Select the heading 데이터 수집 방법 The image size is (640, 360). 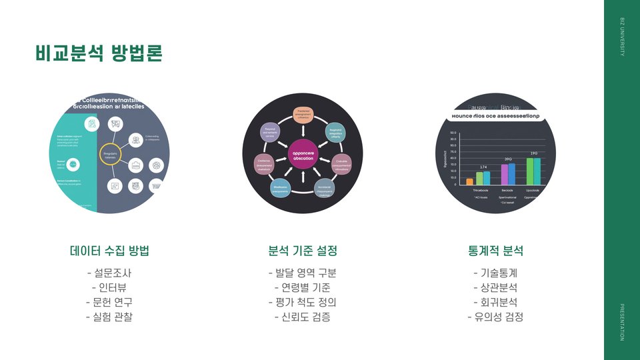pos(109,251)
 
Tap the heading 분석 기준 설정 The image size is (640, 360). pos(303,251)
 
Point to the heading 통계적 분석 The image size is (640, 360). pos(495,251)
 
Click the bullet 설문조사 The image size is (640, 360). pos(109,273)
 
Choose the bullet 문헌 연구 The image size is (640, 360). pos(109,302)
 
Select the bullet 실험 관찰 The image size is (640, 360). pos(109,317)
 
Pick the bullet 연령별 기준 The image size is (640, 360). pos(303,287)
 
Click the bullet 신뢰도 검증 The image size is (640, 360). pos(303,317)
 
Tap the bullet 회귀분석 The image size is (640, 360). pos(495,302)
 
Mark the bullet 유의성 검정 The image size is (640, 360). pos(495,317)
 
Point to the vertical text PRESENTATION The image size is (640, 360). pos(623,321)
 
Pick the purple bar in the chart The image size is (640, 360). pos(505,174)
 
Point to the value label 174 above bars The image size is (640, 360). pos(483,167)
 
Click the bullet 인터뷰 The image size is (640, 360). pos(109,287)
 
